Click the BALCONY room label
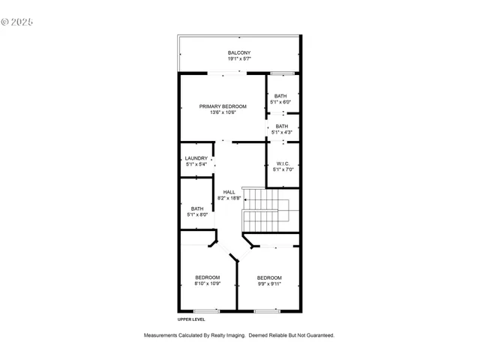click(x=239, y=52)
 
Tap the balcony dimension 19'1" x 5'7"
click(x=239, y=58)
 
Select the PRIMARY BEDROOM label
click(x=223, y=106)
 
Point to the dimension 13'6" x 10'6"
click(x=223, y=112)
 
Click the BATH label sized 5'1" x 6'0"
click(x=280, y=96)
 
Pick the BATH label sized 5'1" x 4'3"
click(x=281, y=127)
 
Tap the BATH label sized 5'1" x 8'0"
click(x=196, y=209)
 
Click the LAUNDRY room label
click(x=196, y=158)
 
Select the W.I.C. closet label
click(x=283, y=163)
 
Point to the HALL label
click(x=229, y=192)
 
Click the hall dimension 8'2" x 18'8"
click(x=229, y=198)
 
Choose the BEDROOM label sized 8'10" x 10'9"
click(x=207, y=277)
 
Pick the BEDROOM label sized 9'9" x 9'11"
click(x=269, y=277)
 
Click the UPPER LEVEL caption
click(x=191, y=319)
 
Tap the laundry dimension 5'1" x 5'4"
click(x=196, y=164)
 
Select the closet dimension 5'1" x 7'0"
click(x=283, y=169)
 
